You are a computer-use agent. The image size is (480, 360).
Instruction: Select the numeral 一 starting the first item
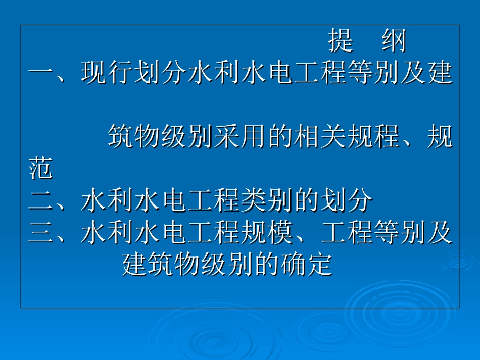(x=41, y=74)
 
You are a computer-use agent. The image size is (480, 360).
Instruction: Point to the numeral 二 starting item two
(x=41, y=201)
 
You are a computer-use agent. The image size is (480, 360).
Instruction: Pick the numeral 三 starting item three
(x=41, y=233)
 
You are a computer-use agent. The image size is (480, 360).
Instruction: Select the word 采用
(x=242, y=137)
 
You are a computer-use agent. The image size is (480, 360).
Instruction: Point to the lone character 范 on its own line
(x=41, y=169)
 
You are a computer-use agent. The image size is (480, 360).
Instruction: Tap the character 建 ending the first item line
(x=440, y=74)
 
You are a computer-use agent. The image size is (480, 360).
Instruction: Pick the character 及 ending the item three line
(x=440, y=233)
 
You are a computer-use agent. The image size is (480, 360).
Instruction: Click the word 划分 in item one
(x=161, y=74)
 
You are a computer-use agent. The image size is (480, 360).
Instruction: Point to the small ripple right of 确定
(x=458, y=262)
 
